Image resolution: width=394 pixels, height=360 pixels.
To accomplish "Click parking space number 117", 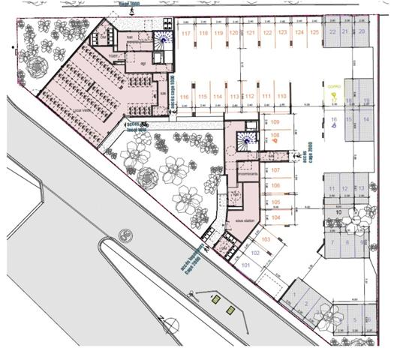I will click(x=185, y=34).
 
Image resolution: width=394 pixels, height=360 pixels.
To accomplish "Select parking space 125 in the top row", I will click(x=314, y=33).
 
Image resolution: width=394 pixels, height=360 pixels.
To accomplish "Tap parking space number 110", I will click(x=282, y=97).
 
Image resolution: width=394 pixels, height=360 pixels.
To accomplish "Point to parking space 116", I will click(x=185, y=97).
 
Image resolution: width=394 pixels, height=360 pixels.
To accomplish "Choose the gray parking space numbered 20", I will click(x=361, y=31).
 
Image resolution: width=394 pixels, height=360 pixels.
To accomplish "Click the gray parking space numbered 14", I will click(x=365, y=120).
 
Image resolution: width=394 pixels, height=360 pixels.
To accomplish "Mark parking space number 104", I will click(x=275, y=217).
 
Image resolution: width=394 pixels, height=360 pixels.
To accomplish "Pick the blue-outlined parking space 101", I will click(x=245, y=265).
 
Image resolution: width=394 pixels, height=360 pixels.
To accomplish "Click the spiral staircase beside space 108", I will click(x=244, y=140).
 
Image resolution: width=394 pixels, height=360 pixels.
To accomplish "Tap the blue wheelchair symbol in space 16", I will click(x=333, y=126).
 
